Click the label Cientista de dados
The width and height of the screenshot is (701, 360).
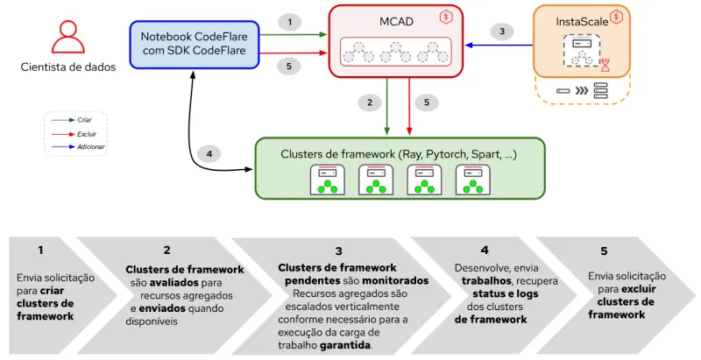67,67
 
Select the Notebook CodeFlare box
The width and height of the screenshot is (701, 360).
195,45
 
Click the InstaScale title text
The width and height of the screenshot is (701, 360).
582,21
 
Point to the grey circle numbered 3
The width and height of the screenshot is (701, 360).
501,32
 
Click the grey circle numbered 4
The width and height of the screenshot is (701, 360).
209,154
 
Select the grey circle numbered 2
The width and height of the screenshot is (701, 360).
370,102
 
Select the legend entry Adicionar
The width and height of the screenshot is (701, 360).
91,146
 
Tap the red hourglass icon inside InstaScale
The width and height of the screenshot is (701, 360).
605,64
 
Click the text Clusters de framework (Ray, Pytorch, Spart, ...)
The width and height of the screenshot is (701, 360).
398,154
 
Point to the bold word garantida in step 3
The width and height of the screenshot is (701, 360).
346,344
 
